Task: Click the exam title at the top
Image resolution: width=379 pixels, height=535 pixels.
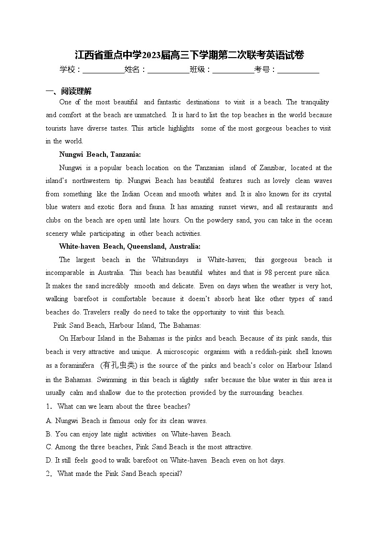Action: [x=189, y=55]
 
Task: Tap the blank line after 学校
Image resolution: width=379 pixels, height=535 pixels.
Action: [x=103, y=70]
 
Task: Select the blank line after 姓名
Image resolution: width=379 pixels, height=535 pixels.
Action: [x=168, y=70]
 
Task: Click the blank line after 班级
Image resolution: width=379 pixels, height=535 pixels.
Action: [x=233, y=70]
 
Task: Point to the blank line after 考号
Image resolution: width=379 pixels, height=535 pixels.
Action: [x=298, y=70]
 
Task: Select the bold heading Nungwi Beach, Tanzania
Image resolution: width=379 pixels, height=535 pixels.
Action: [x=100, y=154]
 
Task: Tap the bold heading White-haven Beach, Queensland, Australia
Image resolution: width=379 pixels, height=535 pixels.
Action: [x=129, y=246]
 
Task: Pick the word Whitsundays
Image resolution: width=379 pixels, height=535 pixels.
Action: [x=170, y=260]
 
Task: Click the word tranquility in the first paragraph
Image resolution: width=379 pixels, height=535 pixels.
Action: [x=314, y=102]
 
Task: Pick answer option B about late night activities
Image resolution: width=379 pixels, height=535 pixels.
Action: [x=138, y=434]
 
